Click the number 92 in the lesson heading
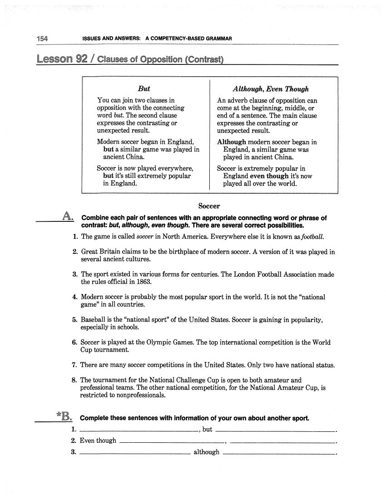82,59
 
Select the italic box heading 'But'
144,89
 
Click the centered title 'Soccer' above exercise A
209,206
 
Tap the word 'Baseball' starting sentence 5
94,320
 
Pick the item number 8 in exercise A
74,380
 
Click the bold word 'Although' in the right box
231,142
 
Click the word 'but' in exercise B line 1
207,429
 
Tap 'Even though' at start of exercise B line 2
98,440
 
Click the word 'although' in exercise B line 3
206,452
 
